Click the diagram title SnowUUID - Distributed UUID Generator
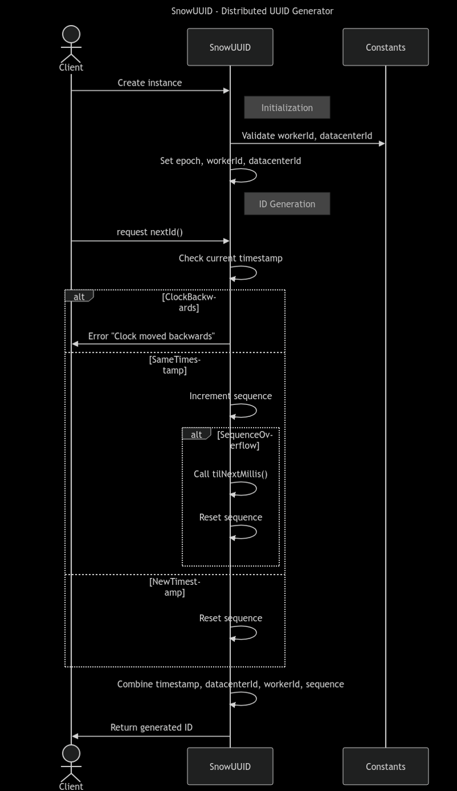tap(252, 11)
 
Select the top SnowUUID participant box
tap(230, 47)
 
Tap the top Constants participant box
tap(386, 47)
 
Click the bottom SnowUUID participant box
tap(230, 766)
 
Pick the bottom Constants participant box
tap(386, 766)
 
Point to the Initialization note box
tap(287, 107)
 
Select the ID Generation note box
tap(287, 204)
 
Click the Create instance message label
tap(150, 83)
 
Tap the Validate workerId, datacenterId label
tap(307, 136)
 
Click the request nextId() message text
tap(150, 232)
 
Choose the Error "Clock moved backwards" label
tap(151, 336)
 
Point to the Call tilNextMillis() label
tap(230, 474)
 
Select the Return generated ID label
tap(151, 727)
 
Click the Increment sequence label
tap(230, 396)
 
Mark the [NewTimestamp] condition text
tap(175, 587)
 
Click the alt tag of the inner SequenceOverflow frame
tap(196, 435)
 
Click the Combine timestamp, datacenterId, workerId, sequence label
tap(230, 684)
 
